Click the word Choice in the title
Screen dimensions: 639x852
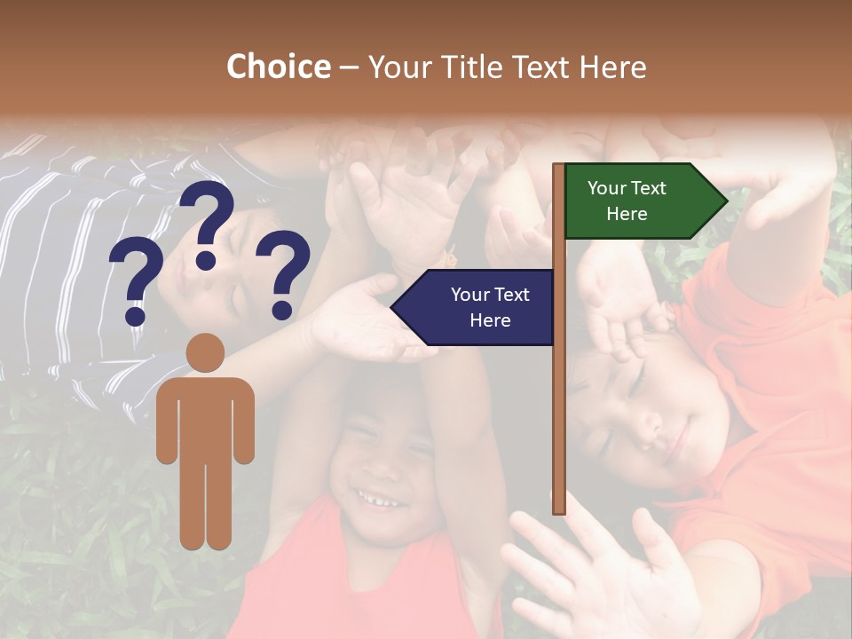[278, 67]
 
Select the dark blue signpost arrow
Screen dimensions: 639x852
[475, 307]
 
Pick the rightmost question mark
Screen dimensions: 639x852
[283, 273]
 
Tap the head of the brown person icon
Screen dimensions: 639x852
[205, 352]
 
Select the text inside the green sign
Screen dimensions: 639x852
[627, 201]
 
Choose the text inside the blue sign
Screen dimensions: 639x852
[490, 307]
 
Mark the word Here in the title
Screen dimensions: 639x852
[612, 67]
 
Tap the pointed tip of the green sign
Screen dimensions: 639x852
[725, 201]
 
